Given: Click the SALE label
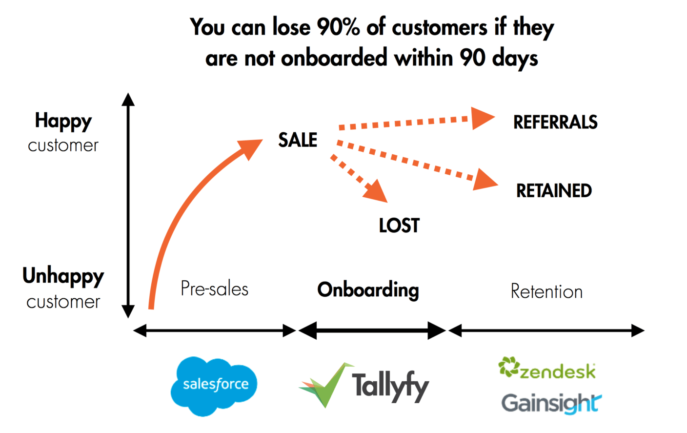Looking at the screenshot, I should point(298,140).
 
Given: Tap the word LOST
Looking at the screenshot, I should point(399,226).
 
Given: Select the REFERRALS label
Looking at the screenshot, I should point(555,122).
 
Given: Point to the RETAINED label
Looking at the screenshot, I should point(554,191).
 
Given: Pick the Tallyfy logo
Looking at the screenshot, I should point(364,386).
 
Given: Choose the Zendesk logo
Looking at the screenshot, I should point(547,369).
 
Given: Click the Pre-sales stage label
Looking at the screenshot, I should point(214,289).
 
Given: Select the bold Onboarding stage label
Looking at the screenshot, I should point(368,290).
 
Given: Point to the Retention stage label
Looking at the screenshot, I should point(546,291).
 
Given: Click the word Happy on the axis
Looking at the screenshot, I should point(63,121).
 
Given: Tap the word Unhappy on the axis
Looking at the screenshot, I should point(63,276).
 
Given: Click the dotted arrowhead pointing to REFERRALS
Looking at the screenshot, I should point(482,118).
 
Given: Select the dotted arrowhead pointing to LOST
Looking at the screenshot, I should point(376,191).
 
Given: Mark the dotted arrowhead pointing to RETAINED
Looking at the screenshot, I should point(485,180).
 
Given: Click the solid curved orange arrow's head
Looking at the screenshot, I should point(251,148).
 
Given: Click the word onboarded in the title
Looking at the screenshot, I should point(334,59).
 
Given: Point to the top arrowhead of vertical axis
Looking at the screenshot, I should point(128,100).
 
